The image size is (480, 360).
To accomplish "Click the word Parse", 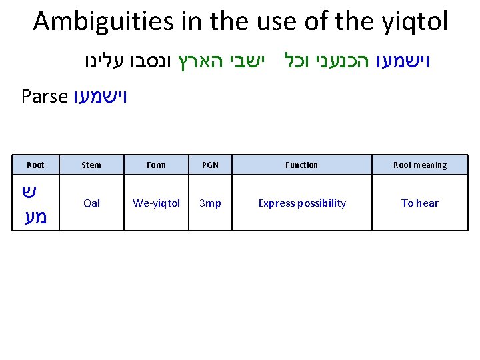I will (45, 97).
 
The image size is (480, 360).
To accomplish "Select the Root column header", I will (35, 165).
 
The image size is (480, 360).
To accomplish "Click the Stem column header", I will (91, 165).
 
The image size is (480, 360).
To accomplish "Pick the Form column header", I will (156, 165).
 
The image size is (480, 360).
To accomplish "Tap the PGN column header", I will (210, 165).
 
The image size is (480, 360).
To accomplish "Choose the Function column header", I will (302, 165).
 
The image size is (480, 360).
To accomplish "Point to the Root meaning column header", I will (420, 165).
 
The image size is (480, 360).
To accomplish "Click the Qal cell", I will (91, 203).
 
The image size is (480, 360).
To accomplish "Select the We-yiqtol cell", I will (156, 203).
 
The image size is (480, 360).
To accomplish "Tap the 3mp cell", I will (210, 203).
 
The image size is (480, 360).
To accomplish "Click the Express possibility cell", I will (302, 203).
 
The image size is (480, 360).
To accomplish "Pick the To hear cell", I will (420, 203).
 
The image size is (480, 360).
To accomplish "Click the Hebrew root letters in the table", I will (35, 203).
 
